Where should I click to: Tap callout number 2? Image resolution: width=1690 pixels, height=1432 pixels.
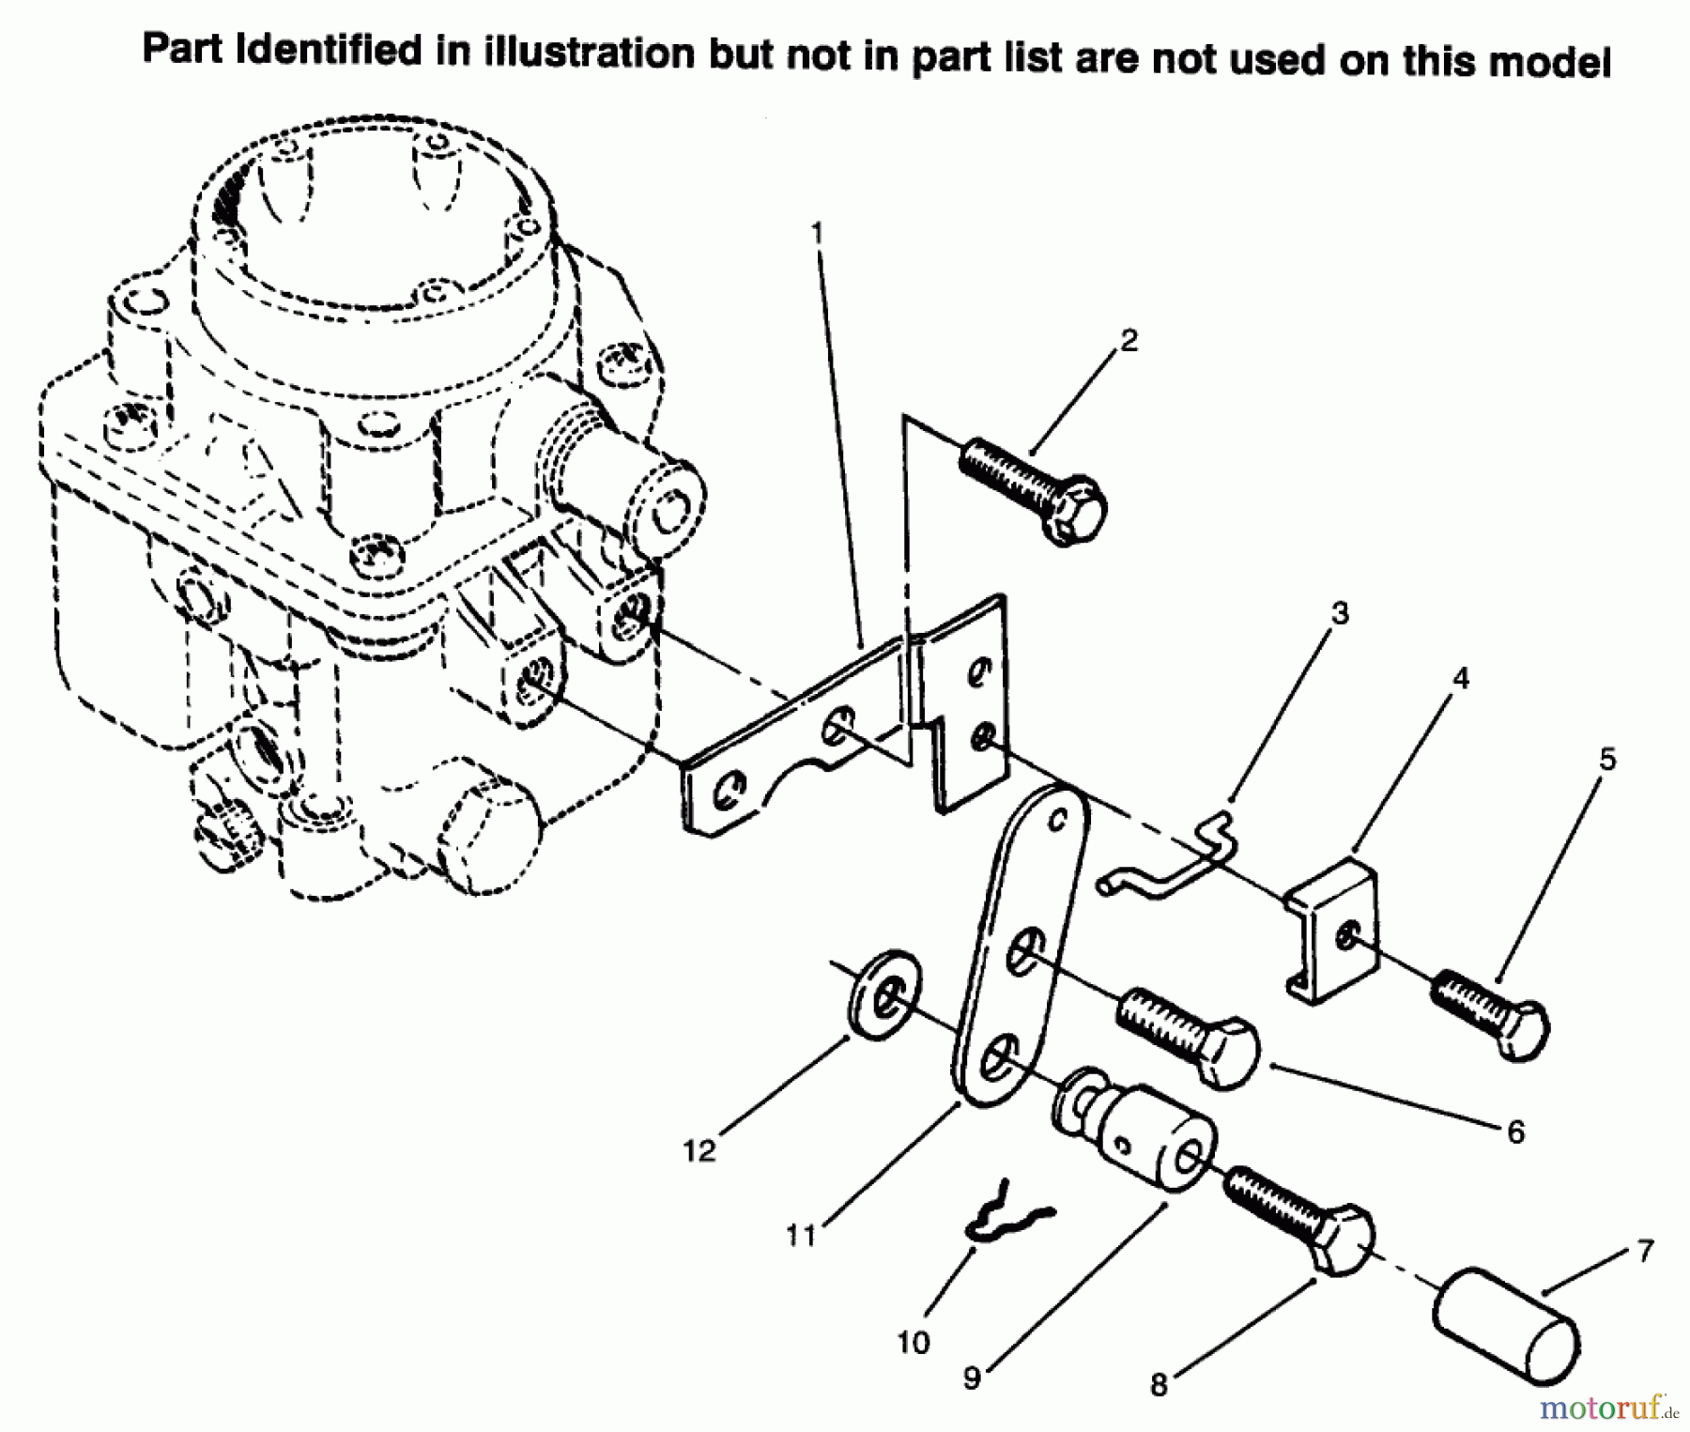tap(1129, 341)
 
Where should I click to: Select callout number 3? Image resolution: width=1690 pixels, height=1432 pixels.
tap(1340, 613)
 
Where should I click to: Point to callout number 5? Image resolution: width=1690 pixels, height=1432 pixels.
tap(1607, 759)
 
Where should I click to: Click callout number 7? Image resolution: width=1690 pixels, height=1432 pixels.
tap(1644, 1251)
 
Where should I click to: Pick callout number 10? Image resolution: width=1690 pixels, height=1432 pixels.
tap(913, 1343)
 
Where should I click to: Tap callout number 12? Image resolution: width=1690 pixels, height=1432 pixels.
tap(699, 1151)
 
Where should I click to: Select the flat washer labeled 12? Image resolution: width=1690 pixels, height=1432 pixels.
tap(884, 997)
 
